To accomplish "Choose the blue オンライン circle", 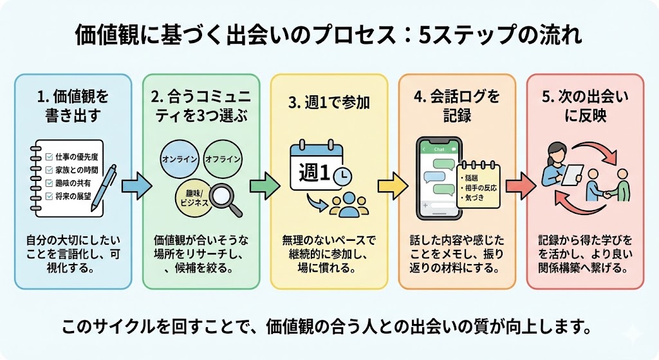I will (x=180, y=159).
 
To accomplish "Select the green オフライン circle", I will (x=222, y=158).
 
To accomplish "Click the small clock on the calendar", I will (x=343, y=175).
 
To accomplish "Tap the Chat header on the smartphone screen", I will (x=440, y=149).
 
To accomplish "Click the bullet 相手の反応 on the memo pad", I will (x=479, y=187).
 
